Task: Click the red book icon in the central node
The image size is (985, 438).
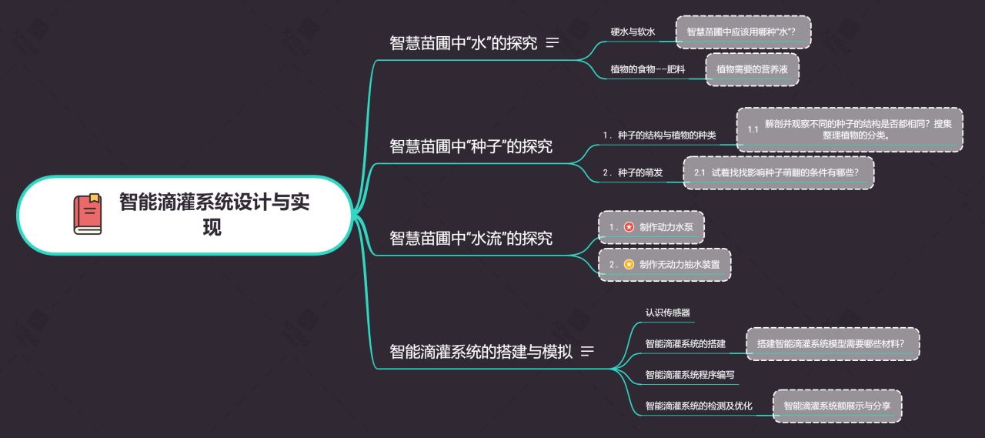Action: [x=88, y=214]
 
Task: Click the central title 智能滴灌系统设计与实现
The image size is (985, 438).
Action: [x=214, y=215]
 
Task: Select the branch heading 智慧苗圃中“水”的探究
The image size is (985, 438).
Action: [x=463, y=43]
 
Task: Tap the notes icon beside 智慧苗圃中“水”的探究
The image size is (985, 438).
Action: [x=552, y=42]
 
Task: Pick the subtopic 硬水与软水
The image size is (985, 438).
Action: [x=633, y=32]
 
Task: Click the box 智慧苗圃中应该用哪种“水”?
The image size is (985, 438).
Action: [x=743, y=32]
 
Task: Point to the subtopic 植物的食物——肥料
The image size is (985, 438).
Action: [x=648, y=69]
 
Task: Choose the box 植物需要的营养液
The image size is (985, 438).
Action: [x=752, y=69]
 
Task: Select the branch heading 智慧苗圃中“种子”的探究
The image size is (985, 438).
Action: [x=471, y=146]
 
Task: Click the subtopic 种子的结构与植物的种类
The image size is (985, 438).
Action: [x=659, y=135]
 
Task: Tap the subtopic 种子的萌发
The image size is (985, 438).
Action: [x=633, y=172]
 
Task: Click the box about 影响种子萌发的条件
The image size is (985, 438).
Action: [x=778, y=173]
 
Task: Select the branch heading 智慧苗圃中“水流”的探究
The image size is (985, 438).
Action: [x=471, y=239]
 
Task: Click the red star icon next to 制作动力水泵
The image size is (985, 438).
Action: [x=629, y=227]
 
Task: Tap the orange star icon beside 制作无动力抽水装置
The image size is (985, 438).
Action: [x=629, y=264]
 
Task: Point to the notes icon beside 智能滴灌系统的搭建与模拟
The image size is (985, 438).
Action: [x=587, y=351]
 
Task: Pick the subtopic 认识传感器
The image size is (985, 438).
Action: [x=667, y=313]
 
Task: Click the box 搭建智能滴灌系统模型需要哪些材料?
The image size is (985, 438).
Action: [x=833, y=344]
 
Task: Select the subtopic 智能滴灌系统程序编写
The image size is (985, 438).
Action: [x=689, y=375]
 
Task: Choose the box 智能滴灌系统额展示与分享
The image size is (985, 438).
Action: [x=837, y=406]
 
